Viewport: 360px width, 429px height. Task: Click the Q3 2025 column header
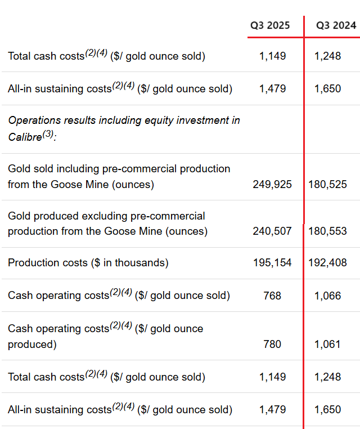[270, 25]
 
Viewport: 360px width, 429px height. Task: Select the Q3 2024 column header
[336, 25]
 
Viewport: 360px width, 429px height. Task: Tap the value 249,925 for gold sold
[272, 184]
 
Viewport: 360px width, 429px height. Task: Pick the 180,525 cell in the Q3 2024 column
[327, 184]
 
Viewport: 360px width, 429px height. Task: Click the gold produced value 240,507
[272, 231]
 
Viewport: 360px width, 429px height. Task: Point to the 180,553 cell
[327, 231]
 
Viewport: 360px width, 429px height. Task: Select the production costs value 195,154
[272, 263]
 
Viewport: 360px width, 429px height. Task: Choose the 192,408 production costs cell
[327, 263]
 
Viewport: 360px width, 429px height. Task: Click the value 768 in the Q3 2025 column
[272, 296]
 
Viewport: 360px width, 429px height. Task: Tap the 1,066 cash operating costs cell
[327, 296]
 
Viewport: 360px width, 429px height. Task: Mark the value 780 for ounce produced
[272, 344]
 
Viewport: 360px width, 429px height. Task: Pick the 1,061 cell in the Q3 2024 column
[327, 344]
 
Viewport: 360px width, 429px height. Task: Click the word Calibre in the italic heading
[25, 137]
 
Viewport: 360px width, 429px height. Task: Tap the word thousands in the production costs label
[138, 263]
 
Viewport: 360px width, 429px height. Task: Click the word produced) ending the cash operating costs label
[32, 344]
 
